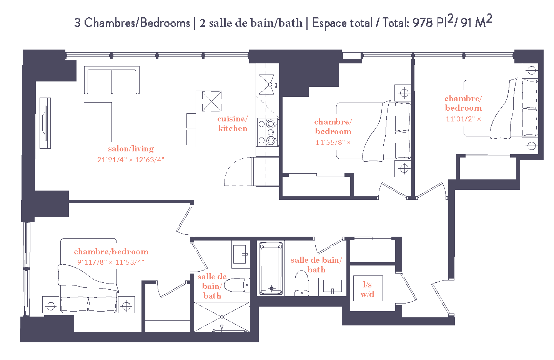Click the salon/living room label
(131, 149)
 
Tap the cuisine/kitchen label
(233, 124)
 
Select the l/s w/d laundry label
(367, 289)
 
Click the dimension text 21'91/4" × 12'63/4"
(131, 159)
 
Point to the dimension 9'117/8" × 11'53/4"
(111, 262)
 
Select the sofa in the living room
(111, 80)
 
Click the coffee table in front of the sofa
(98, 122)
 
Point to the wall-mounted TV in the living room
(45, 123)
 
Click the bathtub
(271, 268)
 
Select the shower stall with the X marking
(222, 317)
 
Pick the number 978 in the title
(423, 23)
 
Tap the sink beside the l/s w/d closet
(333, 286)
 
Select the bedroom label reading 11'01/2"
(463, 119)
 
